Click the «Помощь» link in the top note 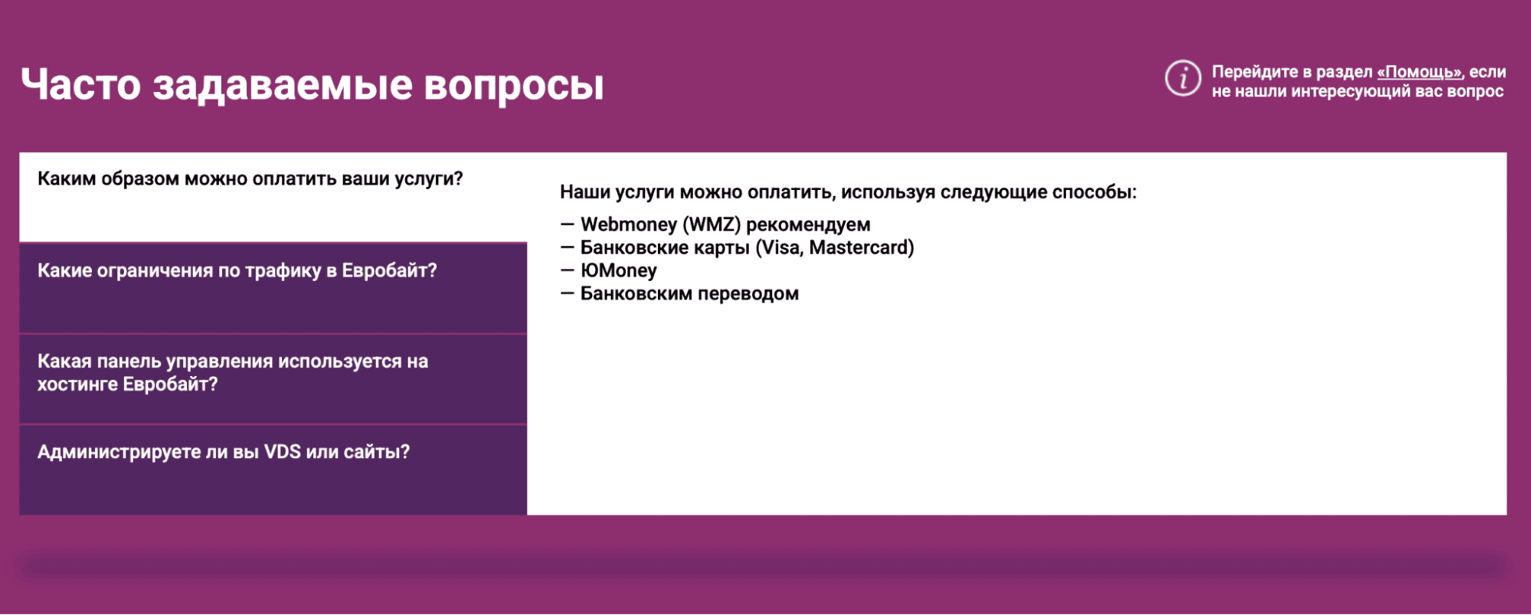click(1419, 73)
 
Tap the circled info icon click(1183, 78)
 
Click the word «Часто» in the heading click(81, 84)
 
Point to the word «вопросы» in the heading click(514, 86)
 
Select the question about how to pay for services click(250, 179)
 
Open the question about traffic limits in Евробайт click(237, 271)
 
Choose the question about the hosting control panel click(233, 373)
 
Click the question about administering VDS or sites click(224, 452)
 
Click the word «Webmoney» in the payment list click(629, 225)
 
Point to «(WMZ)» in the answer click(712, 225)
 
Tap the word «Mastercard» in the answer click(862, 248)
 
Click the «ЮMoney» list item click(619, 271)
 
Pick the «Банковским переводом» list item click(689, 294)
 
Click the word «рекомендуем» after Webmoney click(808, 226)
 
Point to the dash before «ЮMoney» click(567, 270)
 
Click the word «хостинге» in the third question click(78, 384)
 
